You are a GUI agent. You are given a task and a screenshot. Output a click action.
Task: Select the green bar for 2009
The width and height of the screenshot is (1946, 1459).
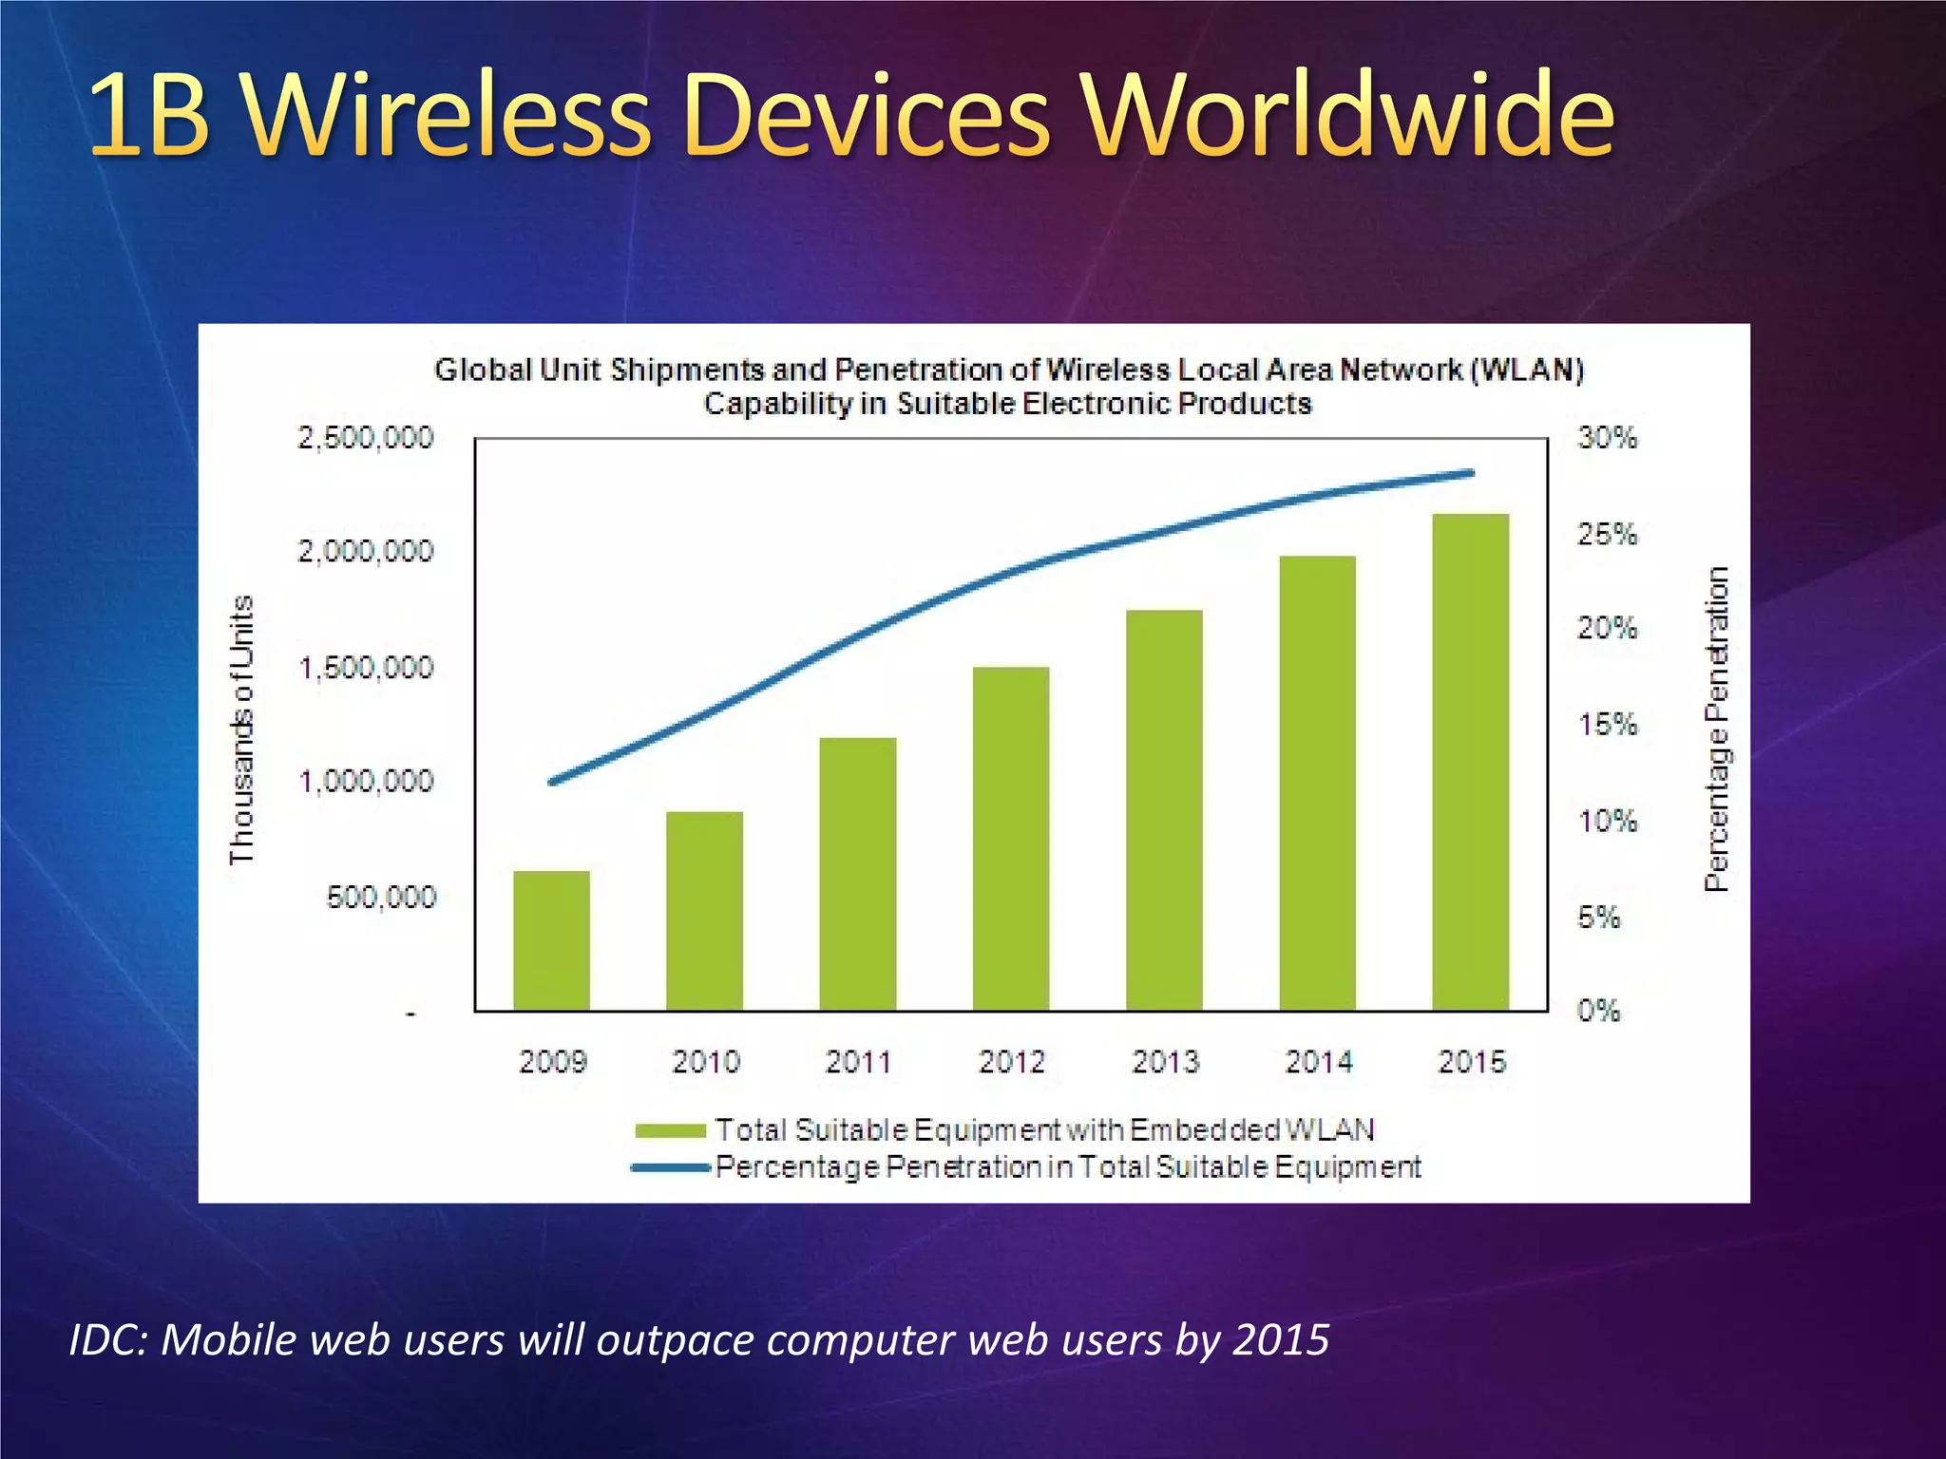pyautogui.click(x=551, y=940)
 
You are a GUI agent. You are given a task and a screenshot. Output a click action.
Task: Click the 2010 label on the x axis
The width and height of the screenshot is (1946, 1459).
pyautogui.click(x=705, y=1061)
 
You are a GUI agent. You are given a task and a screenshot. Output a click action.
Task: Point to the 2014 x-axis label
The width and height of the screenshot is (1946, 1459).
pyautogui.click(x=1319, y=1061)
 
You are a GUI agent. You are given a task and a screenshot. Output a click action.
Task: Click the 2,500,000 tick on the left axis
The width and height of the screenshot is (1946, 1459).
pyautogui.click(x=366, y=438)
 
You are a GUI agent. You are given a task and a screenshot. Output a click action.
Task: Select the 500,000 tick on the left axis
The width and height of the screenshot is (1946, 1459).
pyautogui.click(x=380, y=898)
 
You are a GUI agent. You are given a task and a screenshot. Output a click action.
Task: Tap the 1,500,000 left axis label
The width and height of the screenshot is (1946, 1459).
pyautogui.click(x=366, y=668)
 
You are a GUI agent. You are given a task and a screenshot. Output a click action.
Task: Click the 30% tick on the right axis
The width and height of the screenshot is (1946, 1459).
pyautogui.click(x=1608, y=438)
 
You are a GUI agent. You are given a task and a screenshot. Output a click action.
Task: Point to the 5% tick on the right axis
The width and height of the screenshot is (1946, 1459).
pyautogui.click(x=1599, y=918)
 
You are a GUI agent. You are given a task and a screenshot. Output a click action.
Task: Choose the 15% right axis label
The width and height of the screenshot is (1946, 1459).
pyautogui.click(x=1608, y=726)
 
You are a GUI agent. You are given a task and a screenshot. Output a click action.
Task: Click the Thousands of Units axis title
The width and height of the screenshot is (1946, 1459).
pyautogui.click(x=242, y=729)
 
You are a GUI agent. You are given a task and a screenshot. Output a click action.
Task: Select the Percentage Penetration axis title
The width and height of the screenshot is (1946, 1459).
pyautogui.click(x=1716, y=729)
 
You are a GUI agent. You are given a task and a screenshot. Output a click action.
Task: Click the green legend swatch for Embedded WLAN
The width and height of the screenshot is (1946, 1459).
pyautogui.click(x=671, y=1130)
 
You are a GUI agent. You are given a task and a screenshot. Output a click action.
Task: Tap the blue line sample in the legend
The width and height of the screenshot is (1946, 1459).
pyautogui.click(x=671, y=1167)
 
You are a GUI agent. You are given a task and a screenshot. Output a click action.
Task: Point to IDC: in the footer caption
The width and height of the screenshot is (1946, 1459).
pyautogui.click(x=106, y=1340)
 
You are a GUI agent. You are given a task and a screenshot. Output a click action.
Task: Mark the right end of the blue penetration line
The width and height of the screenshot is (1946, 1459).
pyautogui.click(x=1471, y=473)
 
